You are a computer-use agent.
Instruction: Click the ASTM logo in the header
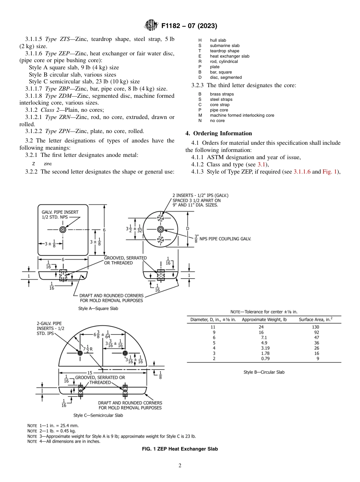(152, 26)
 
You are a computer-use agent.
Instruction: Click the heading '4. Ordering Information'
(218, 133)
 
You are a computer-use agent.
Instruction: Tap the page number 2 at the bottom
(180, 466)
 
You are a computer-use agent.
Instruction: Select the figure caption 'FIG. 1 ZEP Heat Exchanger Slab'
(180, 449)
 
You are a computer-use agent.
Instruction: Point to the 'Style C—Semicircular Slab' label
(98, 415)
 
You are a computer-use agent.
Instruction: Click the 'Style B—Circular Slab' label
(264, 372)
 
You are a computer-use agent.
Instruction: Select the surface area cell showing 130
(316, 327)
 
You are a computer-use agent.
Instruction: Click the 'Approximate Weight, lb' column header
(264, 319)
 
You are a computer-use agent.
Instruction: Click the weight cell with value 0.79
(264, 358)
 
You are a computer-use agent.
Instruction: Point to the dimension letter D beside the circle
(188, 228)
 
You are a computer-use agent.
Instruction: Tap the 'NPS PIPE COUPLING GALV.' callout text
(226, 239)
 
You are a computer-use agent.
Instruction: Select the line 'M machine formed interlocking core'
(236, 115)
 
